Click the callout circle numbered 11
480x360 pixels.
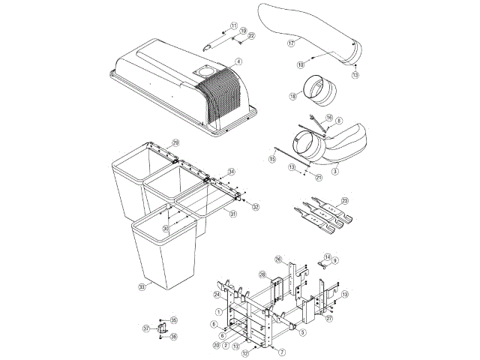click(233, 25)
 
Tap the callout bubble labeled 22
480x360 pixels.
click(251, 36)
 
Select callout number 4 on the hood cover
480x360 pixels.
click(238, 61)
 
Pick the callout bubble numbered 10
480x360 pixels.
click(300, 65)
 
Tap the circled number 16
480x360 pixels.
click(328, 118)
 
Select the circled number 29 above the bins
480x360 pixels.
click(175, 142)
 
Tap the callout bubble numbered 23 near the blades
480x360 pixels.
click(344, 200)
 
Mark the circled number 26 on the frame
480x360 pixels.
click(277, 260)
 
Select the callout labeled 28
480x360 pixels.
click(263, 274)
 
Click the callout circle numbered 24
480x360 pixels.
click(216, 294)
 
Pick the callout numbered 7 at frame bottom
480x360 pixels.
click(283, 351)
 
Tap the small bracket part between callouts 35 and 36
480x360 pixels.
click(161, 328)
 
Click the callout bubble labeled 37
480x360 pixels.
click(147, 328)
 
